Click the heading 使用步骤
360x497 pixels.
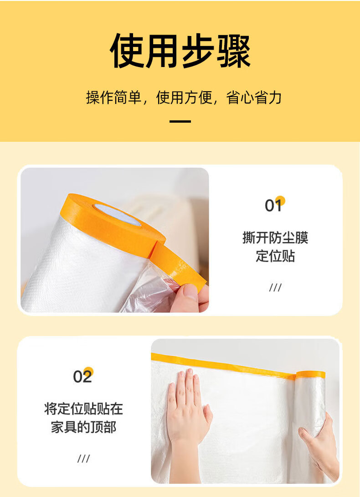tap(180, 51)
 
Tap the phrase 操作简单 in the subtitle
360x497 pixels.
tap(113, 97)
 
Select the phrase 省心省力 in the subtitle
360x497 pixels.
tap(254, 97)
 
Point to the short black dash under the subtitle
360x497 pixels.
tap(180, 121)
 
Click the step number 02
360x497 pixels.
tap(82, 376)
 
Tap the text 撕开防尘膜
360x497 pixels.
tap(275, 238)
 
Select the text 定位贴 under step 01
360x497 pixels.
tap(275, 256)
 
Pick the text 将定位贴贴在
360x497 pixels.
tap(83, 409)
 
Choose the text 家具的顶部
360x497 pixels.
tap(83, 427)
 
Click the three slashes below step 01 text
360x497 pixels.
tap(275, 288)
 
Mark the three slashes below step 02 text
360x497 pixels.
tap(84, 458)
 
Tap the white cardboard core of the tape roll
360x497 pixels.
tap(117, 214)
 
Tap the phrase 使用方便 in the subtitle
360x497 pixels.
tap(184, 97)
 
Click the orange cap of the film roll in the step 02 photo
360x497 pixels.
tap(311, 375)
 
